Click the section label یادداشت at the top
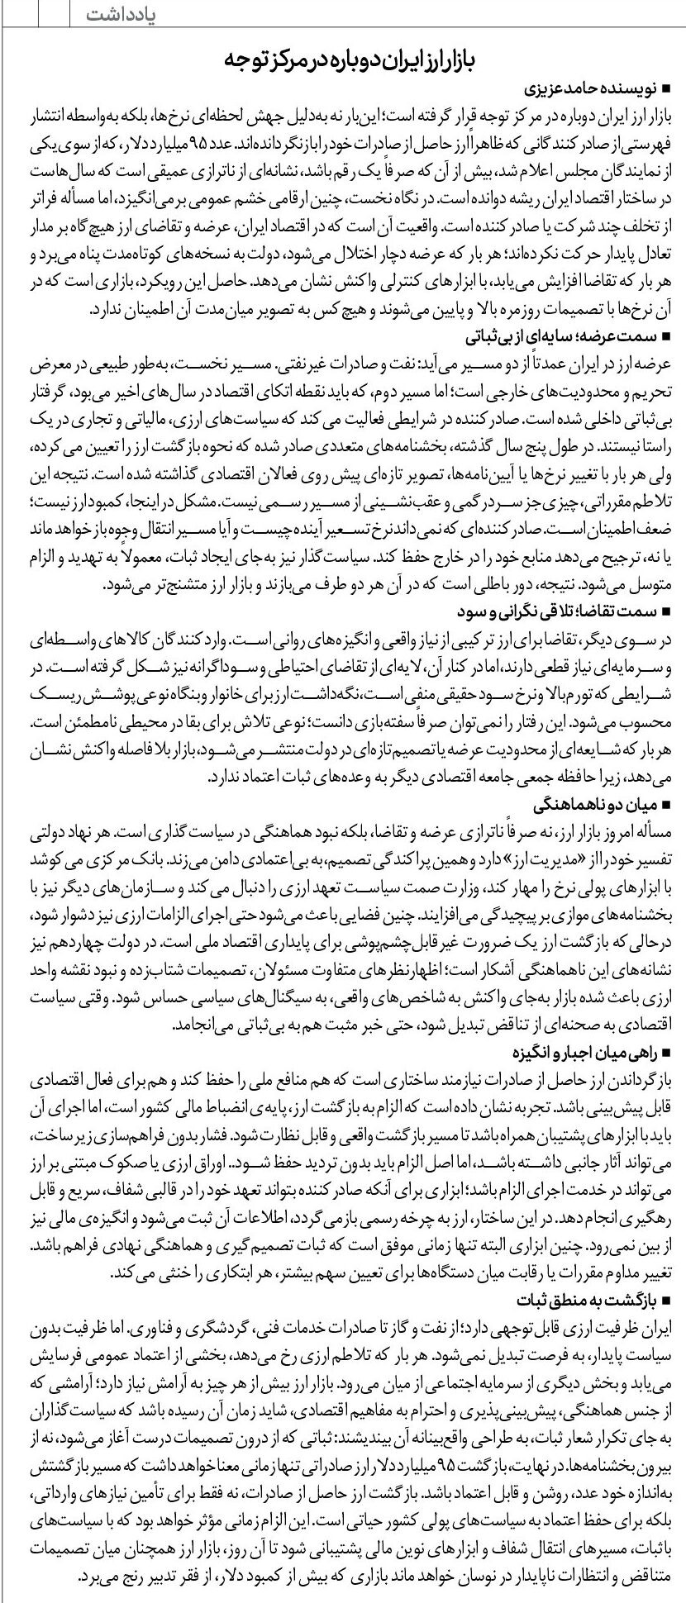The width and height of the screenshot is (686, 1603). coord(121,16)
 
